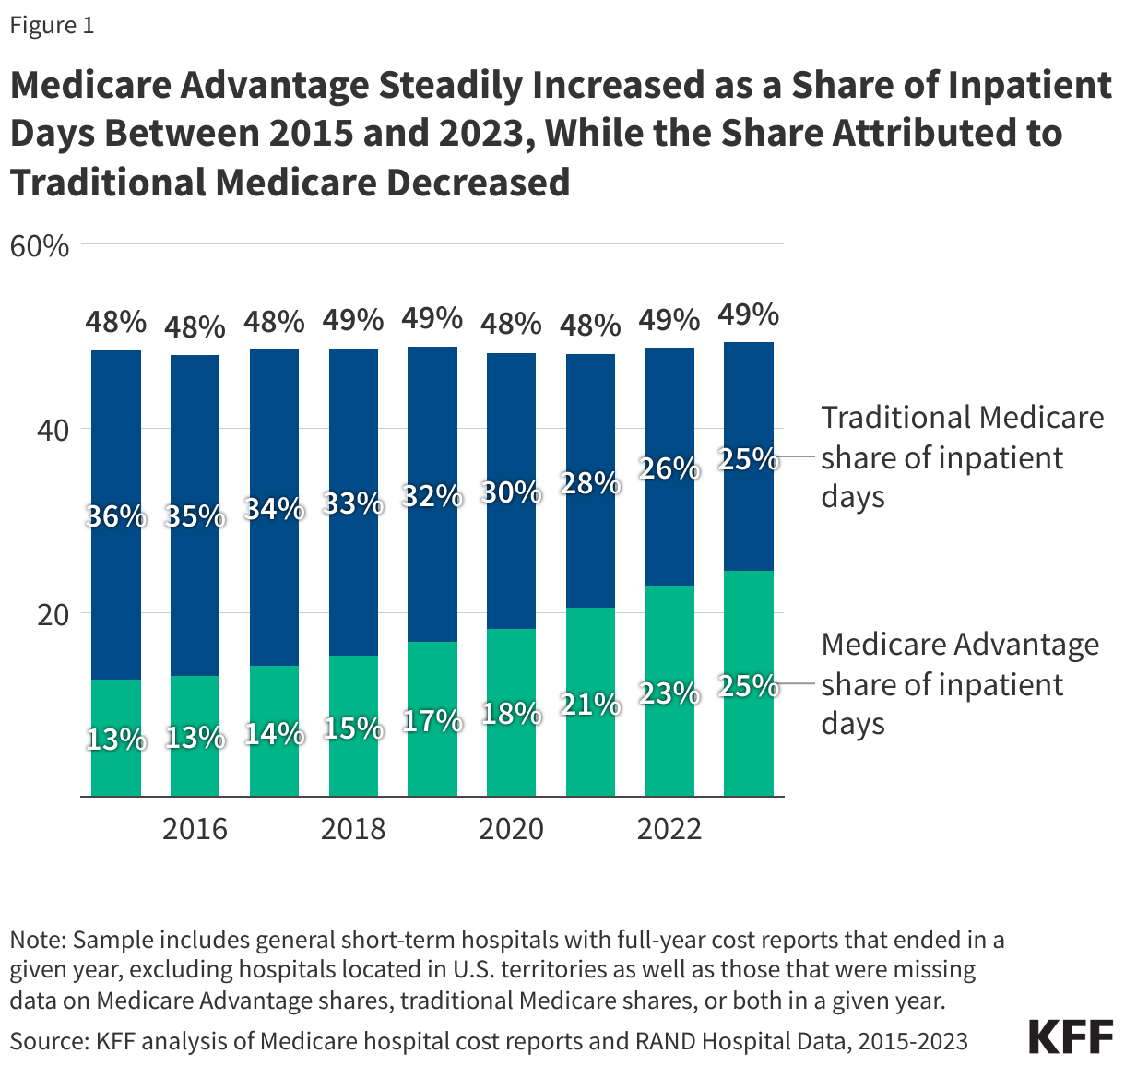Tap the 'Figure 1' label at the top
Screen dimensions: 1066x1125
tap(52, 25)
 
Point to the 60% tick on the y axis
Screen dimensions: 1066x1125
tap(40, 246)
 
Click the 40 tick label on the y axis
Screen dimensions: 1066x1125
tap(53, 430)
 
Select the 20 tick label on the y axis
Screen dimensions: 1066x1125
tap(53, 614)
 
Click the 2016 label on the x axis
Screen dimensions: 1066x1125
tap(195, 828)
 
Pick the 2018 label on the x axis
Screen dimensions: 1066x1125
tap(353, 828)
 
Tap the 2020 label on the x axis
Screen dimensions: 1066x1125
tap(511, 828)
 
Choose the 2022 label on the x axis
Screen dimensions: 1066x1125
tap(669, 828)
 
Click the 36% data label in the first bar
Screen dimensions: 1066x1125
tap(116, 516)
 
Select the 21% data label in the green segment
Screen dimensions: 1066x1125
tap(591, 705)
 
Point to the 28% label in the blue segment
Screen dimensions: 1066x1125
tap(591, 482)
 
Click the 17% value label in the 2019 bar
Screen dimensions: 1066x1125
tap(432, 721)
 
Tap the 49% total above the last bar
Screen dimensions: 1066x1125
tap(749, 315)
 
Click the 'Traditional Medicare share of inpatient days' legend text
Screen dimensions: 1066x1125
tap(962, 457)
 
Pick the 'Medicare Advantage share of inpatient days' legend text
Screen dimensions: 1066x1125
tap(960, 683)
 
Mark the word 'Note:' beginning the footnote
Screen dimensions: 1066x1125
tap(38, 940)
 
